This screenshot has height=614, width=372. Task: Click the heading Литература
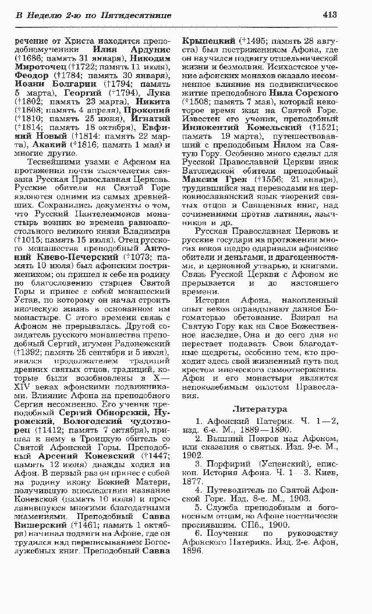click(x=260, y=409)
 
